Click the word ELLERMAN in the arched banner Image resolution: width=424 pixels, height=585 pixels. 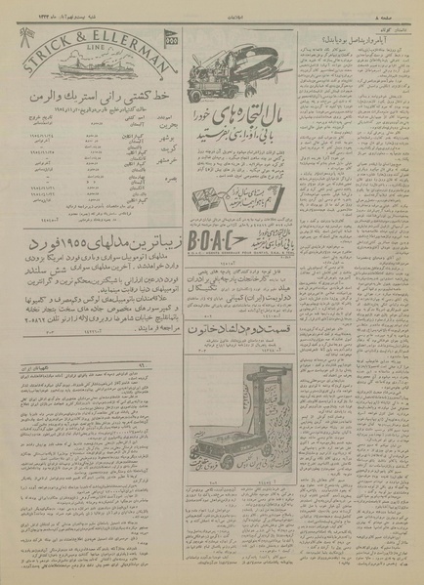coord(130,42)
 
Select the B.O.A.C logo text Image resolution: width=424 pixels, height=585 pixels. coord(230,189)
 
